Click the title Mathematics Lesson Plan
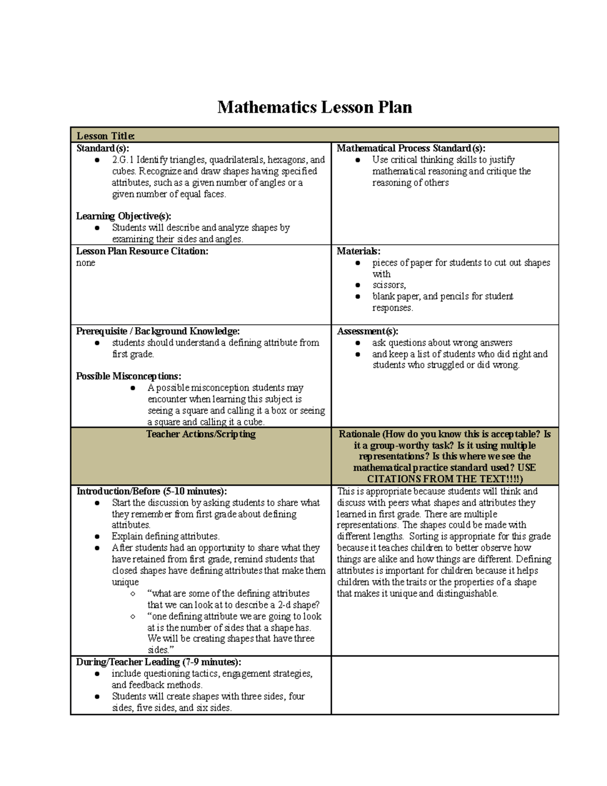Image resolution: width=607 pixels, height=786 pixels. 314,107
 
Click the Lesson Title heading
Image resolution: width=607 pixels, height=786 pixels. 105,136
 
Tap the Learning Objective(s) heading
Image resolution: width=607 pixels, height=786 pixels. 123,216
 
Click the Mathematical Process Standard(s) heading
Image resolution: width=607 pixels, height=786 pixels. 411,148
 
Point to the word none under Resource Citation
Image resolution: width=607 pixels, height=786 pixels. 85,263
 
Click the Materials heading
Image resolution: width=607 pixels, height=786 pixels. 358,251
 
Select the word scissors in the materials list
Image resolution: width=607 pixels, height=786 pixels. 388,285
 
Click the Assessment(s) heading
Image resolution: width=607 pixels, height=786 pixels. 367,331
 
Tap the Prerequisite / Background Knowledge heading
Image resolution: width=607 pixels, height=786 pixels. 158,331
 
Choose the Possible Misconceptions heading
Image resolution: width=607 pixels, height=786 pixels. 128,376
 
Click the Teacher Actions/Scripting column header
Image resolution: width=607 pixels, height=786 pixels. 201,434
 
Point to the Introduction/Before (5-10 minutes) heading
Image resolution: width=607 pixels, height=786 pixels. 151,491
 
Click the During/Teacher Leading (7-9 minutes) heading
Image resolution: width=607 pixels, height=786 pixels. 158,662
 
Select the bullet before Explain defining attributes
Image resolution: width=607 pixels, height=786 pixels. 97,536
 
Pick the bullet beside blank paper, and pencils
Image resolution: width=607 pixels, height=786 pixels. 358,297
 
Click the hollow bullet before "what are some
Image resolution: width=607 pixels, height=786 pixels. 133,594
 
